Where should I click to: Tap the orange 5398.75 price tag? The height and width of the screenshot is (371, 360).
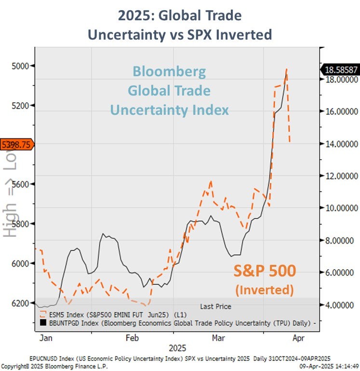coord(16,144)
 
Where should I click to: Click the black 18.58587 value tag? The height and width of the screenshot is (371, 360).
coord(340,70)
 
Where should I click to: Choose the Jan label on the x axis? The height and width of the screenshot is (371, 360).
coord(46,338)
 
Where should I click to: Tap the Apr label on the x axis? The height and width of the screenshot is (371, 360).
coord(298,338)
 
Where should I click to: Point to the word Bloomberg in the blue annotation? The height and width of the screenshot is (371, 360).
coord(169,72)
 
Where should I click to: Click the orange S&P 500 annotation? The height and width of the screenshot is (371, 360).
coord(265,272)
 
